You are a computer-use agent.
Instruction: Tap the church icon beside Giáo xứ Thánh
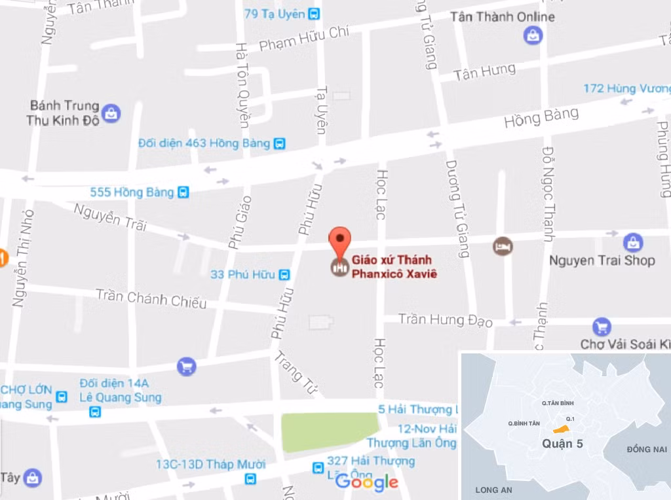339,266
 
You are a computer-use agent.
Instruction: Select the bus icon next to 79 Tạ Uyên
315,14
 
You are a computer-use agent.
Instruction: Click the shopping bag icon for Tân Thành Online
533,35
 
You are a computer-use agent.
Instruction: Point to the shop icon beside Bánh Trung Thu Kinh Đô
111,113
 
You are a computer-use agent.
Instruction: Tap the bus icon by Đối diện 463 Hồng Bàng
280,143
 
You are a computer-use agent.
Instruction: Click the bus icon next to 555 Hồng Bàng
183,192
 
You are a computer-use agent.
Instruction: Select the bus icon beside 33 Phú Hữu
284,275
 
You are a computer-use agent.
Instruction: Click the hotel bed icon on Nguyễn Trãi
503,247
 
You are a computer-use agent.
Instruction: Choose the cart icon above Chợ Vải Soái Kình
602,326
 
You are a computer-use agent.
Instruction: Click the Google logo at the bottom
366,482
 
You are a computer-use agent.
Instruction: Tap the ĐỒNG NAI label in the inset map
646,450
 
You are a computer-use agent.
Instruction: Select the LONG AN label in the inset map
493,490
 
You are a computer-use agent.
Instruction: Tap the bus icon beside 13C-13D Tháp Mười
250,479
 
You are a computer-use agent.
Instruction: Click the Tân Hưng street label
485,71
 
